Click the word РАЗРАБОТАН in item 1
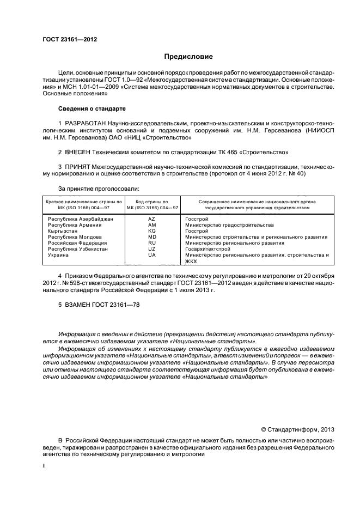click(x=86, y=123)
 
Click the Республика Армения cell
click(x=72, y=225)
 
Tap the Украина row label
click(x=58, y=255)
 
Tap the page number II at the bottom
click(x=45, y=466)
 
